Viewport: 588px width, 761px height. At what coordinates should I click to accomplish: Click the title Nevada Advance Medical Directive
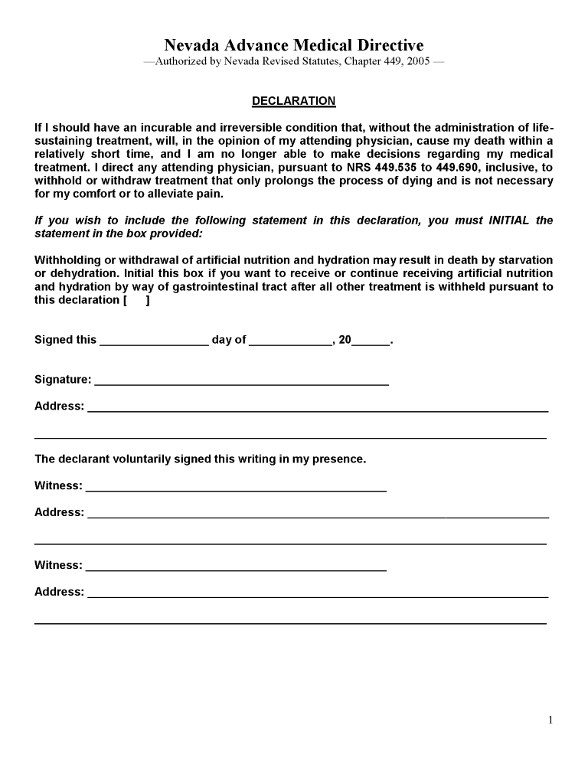293,46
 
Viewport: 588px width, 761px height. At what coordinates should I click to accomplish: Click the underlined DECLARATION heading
293,101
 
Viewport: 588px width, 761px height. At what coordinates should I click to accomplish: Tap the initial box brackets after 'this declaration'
136,300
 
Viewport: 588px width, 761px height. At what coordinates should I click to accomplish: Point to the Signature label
63,379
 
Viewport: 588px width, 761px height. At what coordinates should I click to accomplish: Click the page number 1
550,720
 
